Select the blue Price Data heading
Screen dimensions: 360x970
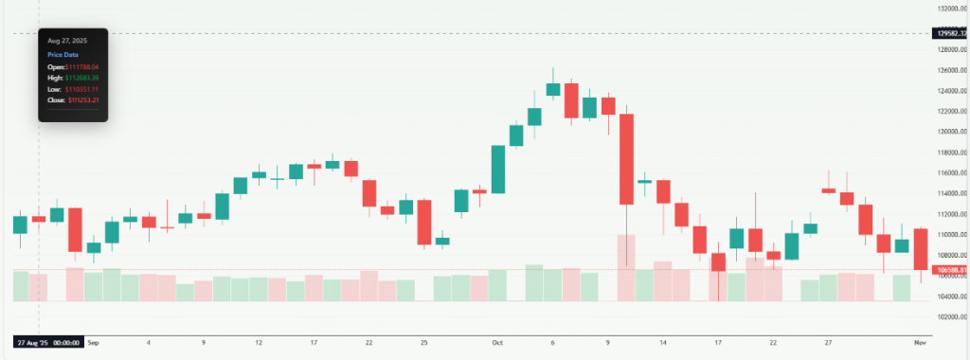tap(63, 55)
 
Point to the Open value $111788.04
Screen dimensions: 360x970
tap(81, 67)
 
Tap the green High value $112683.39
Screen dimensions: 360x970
tap(82, 78)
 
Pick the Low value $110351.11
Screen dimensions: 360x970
tap(81, 88)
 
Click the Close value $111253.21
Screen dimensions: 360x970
tap(82, 99)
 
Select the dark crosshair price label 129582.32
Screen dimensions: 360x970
tap(952, 33)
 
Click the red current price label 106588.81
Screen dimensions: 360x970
tap(952, 270)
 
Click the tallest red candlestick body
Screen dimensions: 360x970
tap(625, 159)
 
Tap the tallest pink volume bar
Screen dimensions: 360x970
tap(625, 268)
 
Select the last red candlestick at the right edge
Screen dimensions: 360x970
tap(921, 248)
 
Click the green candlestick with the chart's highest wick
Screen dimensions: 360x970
tap(553, 89)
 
